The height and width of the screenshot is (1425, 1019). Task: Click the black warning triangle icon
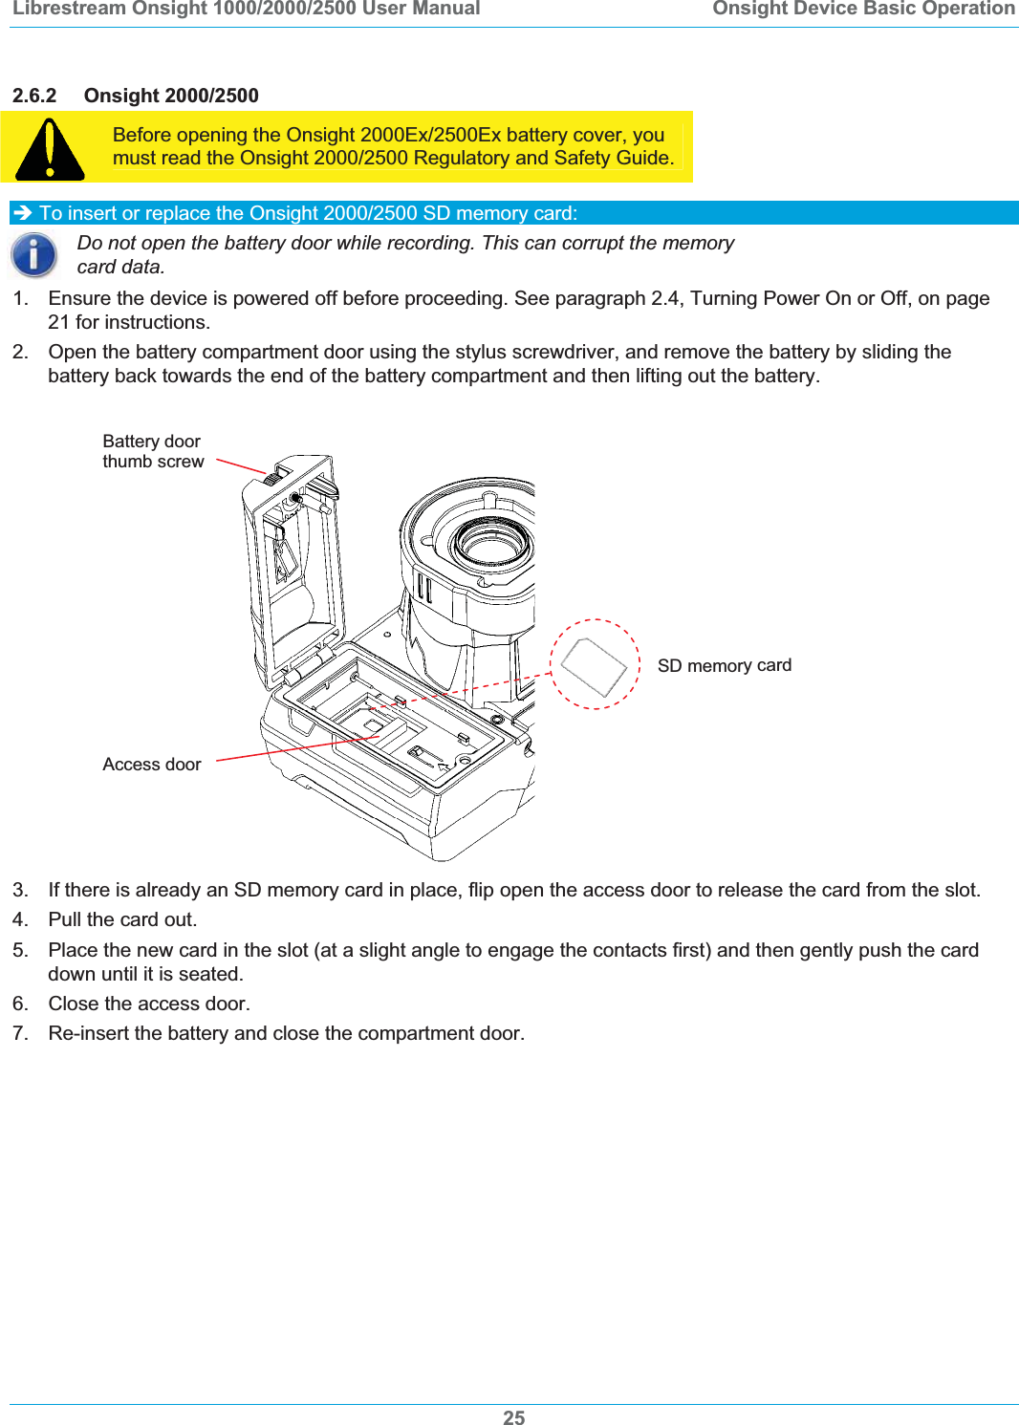tap(50, 150)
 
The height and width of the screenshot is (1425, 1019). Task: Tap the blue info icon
tap(33, 255)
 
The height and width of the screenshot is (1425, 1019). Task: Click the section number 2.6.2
tap(34, 96)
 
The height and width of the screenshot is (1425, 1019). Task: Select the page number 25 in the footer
tap(513, 1417)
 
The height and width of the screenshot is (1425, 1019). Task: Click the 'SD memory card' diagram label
tap(724, 665)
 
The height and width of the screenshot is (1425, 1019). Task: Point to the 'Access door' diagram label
tap(152, 765)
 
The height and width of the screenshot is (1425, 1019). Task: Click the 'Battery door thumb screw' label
tap(153, 451)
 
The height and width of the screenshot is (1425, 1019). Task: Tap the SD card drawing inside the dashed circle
tap(594, 665)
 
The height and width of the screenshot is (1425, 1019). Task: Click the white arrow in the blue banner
tap(24, 213)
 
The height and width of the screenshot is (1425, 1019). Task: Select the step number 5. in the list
tap(20, 950)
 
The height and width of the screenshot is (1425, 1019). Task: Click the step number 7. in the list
tap(20, 1033)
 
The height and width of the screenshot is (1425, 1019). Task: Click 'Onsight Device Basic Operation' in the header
tap(863, 10)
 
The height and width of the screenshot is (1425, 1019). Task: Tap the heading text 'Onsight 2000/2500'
tap(171, 96)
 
